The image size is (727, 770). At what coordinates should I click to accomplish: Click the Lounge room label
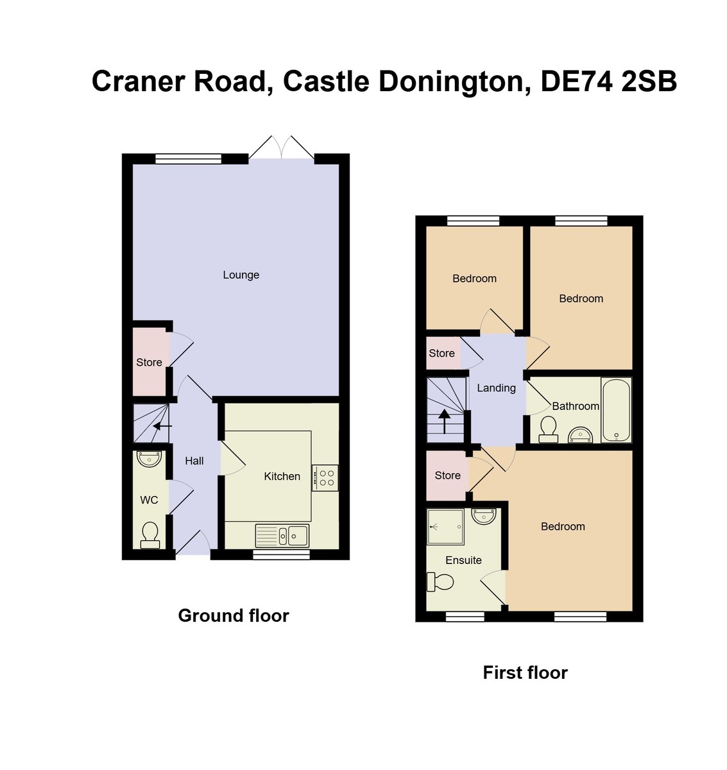click(x=241, y=275)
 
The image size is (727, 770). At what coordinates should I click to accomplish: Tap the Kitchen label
click(x=282, y=476)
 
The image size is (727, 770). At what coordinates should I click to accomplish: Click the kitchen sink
click(x=282, y=535)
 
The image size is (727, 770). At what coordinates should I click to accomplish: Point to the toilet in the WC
click(x=150, y=535)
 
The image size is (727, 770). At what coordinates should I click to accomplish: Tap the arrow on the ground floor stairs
click(x=161, y=425)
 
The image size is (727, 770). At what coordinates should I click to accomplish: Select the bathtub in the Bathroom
click(x=617, y=409)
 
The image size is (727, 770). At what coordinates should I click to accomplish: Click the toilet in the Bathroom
click(x=548, y=429)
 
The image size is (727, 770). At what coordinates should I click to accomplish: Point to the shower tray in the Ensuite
click(x=445, y=526)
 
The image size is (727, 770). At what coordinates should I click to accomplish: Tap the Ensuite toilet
click(x=441, y=582)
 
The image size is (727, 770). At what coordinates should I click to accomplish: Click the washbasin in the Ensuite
click(x=483, y=515)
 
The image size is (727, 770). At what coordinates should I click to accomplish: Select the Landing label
click(x=496, y=388)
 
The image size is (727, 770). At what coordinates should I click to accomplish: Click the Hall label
click(x=194, y=461)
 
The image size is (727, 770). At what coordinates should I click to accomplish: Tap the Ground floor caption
click(x=234, y=615)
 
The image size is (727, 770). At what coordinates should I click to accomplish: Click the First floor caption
click(x=525, y=672)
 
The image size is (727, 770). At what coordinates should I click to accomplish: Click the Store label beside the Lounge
click(x=149, y=363)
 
